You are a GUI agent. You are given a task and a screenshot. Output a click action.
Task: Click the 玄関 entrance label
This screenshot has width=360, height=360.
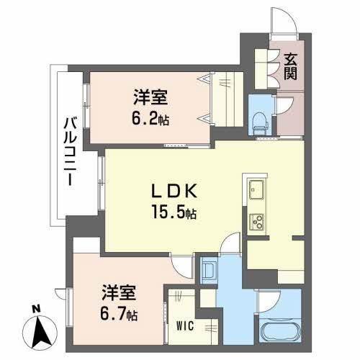click(291, 66)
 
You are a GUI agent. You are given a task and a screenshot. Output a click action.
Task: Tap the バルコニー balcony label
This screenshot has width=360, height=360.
click(70, 151)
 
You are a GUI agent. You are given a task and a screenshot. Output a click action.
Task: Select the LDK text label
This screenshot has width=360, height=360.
click(174, 191)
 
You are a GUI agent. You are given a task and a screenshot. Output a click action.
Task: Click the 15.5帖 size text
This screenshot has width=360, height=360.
click(174, 212)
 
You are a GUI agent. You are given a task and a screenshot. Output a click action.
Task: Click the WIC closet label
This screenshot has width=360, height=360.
click(185, 326)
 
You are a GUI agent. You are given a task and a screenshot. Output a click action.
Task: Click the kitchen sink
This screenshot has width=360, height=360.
click(256, 189)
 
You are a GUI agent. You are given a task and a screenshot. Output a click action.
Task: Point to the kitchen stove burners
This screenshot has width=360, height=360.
click(257, 222)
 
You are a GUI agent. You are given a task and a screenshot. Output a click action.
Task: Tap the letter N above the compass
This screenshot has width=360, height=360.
click(36, 309)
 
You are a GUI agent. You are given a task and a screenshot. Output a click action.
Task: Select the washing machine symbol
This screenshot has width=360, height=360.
click(209, 271)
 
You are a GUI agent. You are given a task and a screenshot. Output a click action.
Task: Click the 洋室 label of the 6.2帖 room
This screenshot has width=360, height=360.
click(150, 97)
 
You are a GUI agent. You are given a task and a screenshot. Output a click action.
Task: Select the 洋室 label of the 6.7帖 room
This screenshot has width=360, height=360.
click(119, 292)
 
